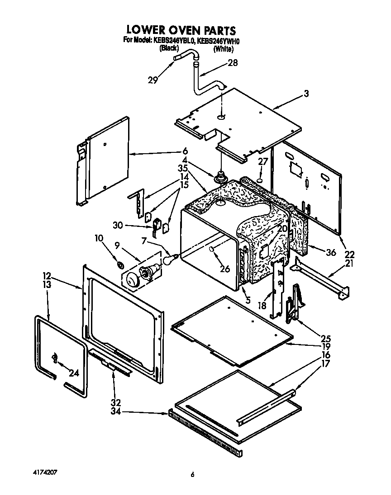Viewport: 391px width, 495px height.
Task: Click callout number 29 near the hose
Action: tap(153, 80)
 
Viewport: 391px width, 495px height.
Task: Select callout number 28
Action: tap(233, 63)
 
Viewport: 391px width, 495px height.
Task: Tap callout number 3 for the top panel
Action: tap(306, 94)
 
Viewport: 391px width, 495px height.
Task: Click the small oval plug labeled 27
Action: tap(261, 180)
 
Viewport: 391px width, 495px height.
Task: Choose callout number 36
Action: tap(331, 252)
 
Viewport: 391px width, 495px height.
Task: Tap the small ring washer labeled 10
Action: tap(120, 264)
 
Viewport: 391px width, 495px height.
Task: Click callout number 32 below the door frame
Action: tap(116, 402)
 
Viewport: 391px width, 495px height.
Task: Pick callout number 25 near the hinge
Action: tap(326, 338)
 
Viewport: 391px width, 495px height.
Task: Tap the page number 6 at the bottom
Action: tap(192, 474)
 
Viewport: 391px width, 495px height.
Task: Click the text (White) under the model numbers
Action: tap(223, 49)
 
